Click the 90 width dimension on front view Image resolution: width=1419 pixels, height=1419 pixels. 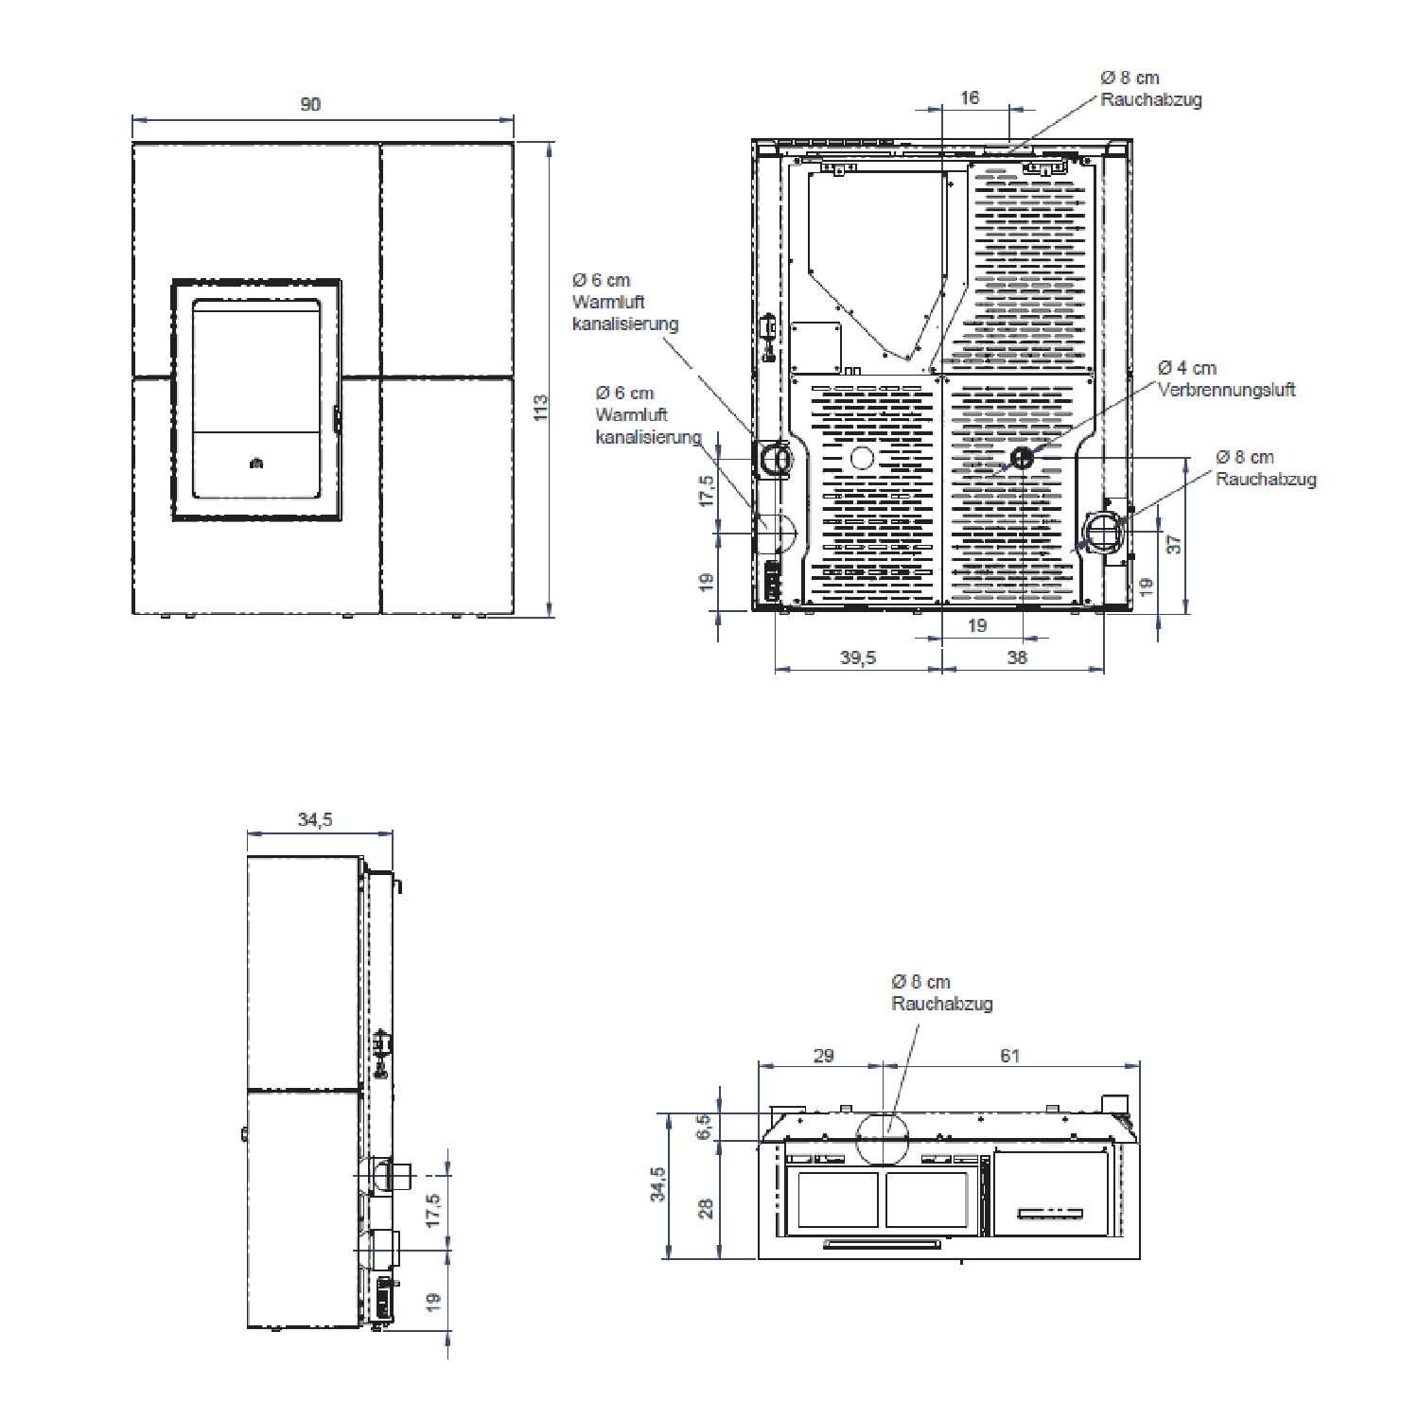[310, 104]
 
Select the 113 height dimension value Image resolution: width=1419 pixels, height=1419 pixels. [540, 408]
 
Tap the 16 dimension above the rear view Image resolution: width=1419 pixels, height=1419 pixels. [970, 97]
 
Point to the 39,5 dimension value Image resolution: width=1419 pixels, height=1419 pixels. [858, 657]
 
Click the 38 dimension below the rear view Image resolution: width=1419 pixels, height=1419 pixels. [1017, 657]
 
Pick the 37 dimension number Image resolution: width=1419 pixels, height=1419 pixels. [1174, 545]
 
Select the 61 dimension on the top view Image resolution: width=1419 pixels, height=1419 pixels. [1010, 1056]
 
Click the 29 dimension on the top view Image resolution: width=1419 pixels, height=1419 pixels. [824, 1056]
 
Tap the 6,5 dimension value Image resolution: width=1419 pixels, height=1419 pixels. [704, 1127]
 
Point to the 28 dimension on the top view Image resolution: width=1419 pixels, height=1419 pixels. [706, 1209]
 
